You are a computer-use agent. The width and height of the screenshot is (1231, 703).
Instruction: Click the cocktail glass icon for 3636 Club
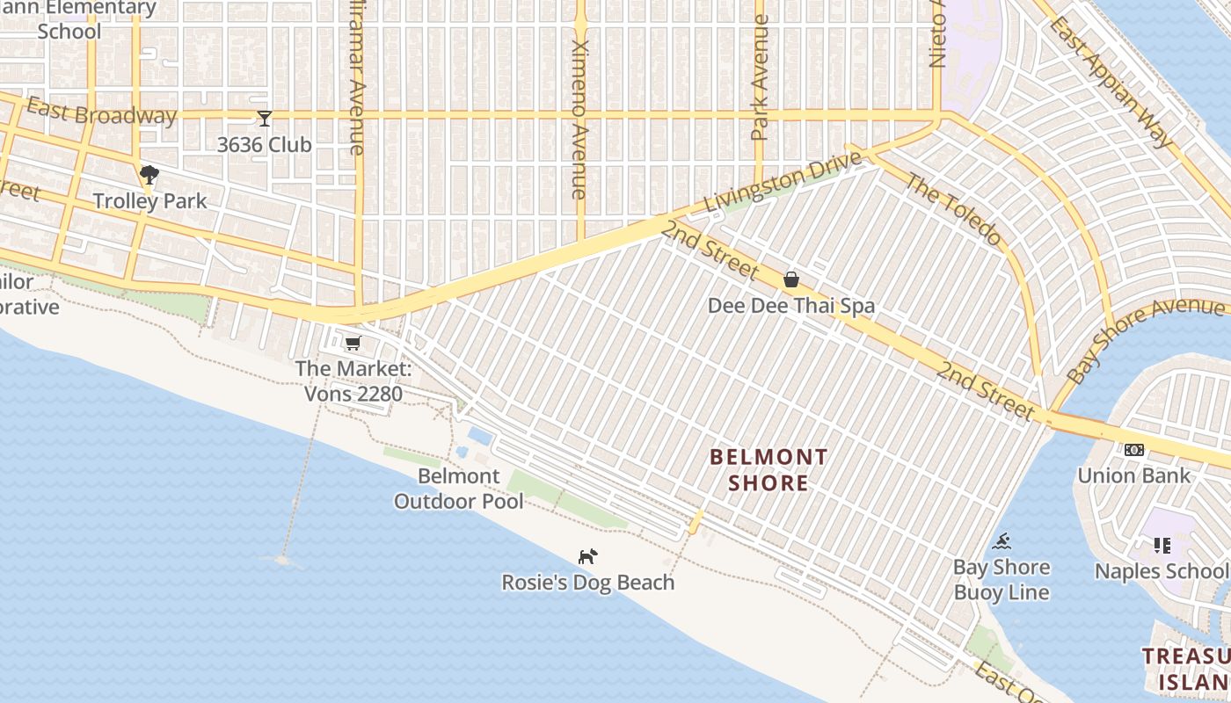coord(264,118)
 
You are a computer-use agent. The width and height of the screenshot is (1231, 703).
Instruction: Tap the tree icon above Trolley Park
coord(149,174)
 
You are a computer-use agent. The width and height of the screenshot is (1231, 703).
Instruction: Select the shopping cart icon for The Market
coord(353,343)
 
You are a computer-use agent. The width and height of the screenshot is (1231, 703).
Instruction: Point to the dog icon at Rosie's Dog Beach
coord(587,556)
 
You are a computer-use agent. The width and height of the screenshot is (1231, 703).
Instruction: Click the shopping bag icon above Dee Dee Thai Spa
coord(791,279)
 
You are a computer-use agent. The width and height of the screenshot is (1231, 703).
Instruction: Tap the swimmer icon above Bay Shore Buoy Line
coord(1002,541)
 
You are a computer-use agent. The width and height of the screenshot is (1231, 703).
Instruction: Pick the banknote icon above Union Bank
coord(1134,450)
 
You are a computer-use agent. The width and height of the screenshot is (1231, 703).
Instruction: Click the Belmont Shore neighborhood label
coord(768,470)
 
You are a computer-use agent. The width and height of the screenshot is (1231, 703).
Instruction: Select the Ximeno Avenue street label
coord(579,119)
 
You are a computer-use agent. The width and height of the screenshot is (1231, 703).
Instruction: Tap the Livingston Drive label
coord(783,182)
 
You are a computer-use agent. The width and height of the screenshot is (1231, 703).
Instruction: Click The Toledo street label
coord(953,209)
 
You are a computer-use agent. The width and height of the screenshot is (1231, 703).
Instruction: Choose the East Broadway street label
coord(101,112)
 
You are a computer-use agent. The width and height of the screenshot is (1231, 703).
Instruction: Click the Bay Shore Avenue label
coord(1143,338)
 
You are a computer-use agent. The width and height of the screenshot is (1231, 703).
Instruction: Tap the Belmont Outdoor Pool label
coord(458,489)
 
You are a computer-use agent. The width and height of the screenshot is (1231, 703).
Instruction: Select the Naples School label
coord(1160,571)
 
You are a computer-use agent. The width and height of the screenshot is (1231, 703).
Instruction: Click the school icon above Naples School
coord(1162,546)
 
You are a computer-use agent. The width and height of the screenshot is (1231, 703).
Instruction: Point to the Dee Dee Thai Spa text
coord(791,306)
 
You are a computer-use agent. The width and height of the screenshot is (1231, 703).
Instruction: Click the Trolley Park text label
coord(150,200)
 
